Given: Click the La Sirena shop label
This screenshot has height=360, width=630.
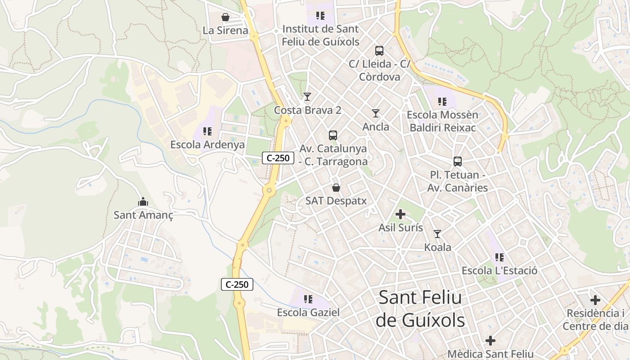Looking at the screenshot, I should [x=225, y=31].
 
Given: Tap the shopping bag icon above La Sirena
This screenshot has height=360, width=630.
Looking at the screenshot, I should [x=225, y=18].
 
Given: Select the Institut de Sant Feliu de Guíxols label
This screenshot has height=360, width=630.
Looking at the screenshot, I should [x=320, y=35].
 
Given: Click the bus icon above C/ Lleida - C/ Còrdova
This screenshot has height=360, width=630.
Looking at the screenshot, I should [x=379, y=51].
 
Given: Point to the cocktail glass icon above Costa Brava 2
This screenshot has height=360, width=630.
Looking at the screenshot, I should [x=307, y=97].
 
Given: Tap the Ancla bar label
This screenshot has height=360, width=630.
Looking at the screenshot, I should [x=376, y=127].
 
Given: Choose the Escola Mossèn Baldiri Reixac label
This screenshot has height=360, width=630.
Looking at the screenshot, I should [x=442, y=121].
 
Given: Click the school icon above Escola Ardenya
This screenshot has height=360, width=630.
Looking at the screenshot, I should [x=207, y=131].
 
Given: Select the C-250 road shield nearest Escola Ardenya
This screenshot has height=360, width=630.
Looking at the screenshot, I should [x=278, y=158].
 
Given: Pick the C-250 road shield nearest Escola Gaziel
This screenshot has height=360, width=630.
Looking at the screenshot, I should [x=237, y=284].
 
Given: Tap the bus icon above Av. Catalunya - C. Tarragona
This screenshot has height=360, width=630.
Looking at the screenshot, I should [x=333, y=135].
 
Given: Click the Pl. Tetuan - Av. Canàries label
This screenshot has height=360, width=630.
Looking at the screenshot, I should [x=457, y=181].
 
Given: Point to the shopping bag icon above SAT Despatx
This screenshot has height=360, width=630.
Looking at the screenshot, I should [x=336, y=188].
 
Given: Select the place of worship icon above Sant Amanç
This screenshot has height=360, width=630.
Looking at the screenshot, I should [x=143, y=202].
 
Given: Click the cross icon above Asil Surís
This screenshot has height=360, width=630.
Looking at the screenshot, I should [x=400, y=214].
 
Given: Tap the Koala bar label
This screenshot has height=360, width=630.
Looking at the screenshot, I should [x=437, y=247].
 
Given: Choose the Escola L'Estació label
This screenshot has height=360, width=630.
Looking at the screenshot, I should [x=499, y=271].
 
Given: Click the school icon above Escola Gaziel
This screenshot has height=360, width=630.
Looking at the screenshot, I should [x=308, y=299].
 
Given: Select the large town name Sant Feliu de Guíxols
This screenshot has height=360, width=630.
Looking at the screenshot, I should [x=420, y=309].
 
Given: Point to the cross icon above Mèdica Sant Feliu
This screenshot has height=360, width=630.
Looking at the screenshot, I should [x=490, y=341].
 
